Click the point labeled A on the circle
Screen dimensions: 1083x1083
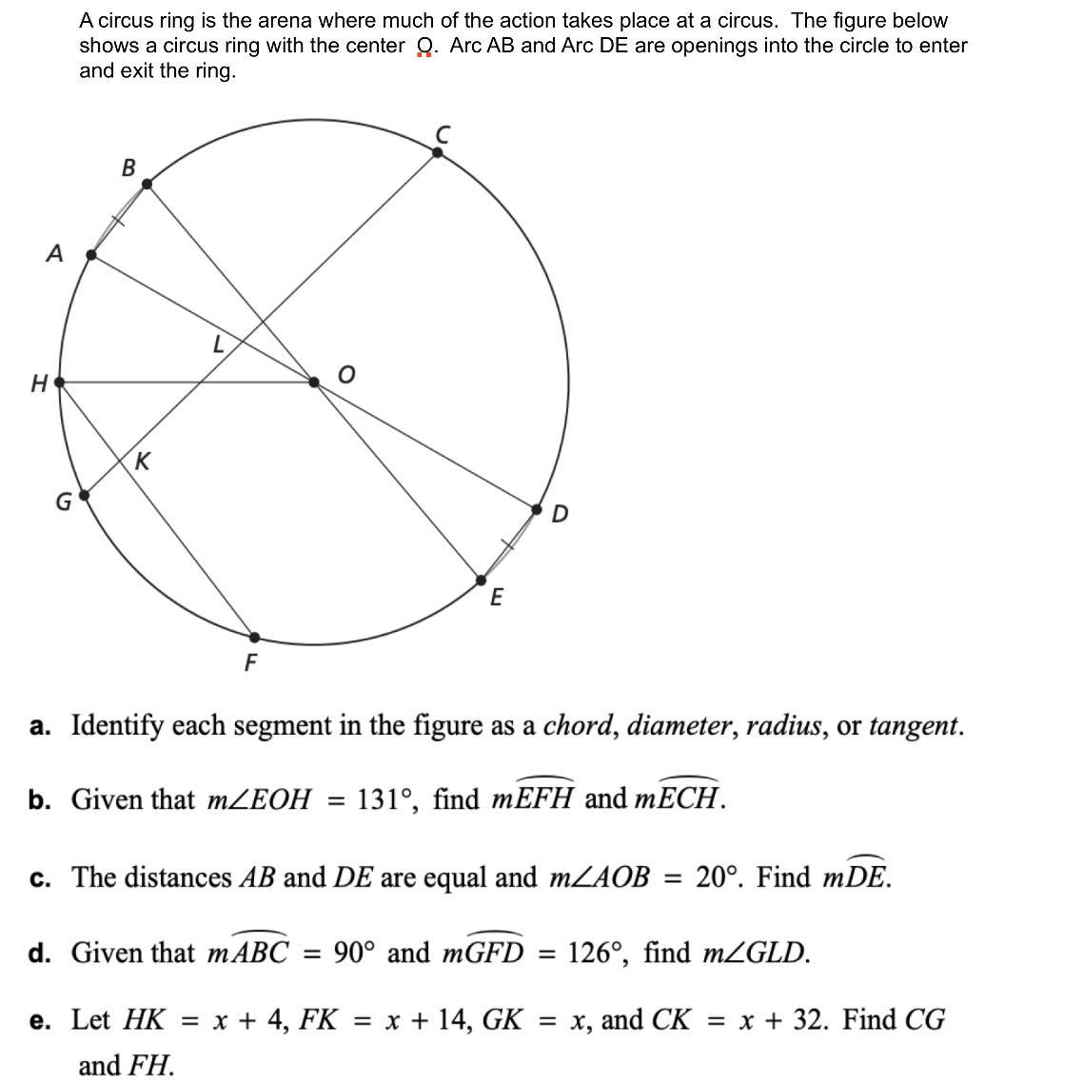[x=91, y=255]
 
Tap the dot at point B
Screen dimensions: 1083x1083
[x=147, y=186]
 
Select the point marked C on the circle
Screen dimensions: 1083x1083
[x=438, y=150]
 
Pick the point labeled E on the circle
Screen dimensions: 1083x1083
[x=482, y=579]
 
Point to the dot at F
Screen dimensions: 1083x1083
[x=254, y=637]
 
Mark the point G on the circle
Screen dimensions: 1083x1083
[x=84, y=495]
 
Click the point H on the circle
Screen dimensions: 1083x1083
[x=60, y=382]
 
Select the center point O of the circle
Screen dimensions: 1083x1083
[x=315, y=382]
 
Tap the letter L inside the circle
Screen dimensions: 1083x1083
[x=218, y=345]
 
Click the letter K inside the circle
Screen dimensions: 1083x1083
[x=142, y=463]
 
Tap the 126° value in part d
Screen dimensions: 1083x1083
[x=597, y=953]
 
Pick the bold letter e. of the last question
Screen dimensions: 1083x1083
[x=40, y=1021]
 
